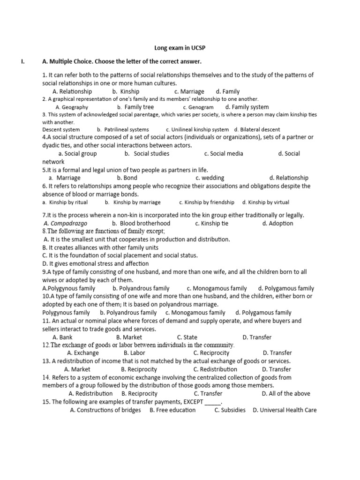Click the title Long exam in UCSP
[180, 48]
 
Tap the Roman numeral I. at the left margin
[22, 61]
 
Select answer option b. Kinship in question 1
[126, 91]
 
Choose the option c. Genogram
[198, 107]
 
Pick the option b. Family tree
[135, 107]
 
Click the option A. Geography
[72, 107]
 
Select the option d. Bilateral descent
[257, 129]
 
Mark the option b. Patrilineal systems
[123, 129]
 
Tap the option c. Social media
[224, 153]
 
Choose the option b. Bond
[127, 178]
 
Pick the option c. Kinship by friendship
[207, 202]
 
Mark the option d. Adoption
[278, 223]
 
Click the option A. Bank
[62, 337]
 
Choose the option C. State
[187, 337]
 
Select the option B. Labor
[135, 352]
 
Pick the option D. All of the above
[286, 393]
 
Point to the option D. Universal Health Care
[285, 410]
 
